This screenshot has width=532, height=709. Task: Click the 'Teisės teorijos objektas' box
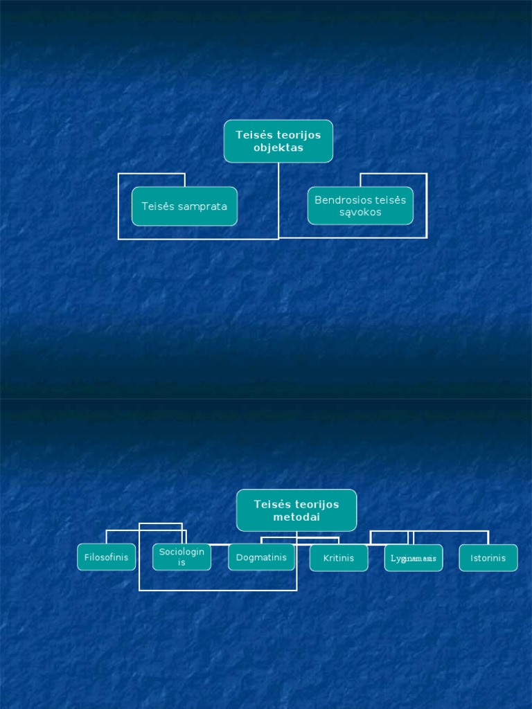(x=278, y=141)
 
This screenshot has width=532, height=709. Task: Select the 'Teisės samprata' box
(x=184, y=206)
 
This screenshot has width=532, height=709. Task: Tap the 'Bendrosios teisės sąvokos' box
(x=360, y=206)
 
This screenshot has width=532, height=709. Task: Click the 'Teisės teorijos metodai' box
(x=296, y=510)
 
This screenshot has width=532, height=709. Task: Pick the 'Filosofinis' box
(x=106, y=557)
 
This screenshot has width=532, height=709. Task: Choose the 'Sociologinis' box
(x=181, y=557)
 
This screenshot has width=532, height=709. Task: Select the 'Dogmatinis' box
(x=261, y=557)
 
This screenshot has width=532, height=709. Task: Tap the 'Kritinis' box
(x=338, y=558)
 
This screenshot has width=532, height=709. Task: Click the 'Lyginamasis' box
(x=414, y=558)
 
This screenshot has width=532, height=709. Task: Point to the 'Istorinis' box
(x=488, y=558)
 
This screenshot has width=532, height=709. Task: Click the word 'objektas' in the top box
(x=278, y=148)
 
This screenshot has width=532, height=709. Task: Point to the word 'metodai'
(x=296, y=517)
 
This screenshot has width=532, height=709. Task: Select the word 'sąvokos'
(x=360, y=213)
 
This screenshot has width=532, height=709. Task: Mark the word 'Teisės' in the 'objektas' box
(x=251, y=135)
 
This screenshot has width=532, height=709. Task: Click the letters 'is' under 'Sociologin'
(x=181, y=563)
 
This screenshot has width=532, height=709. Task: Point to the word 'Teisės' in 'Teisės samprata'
(x=157, y=206)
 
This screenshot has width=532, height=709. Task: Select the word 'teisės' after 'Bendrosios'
(x=391, y=200)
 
